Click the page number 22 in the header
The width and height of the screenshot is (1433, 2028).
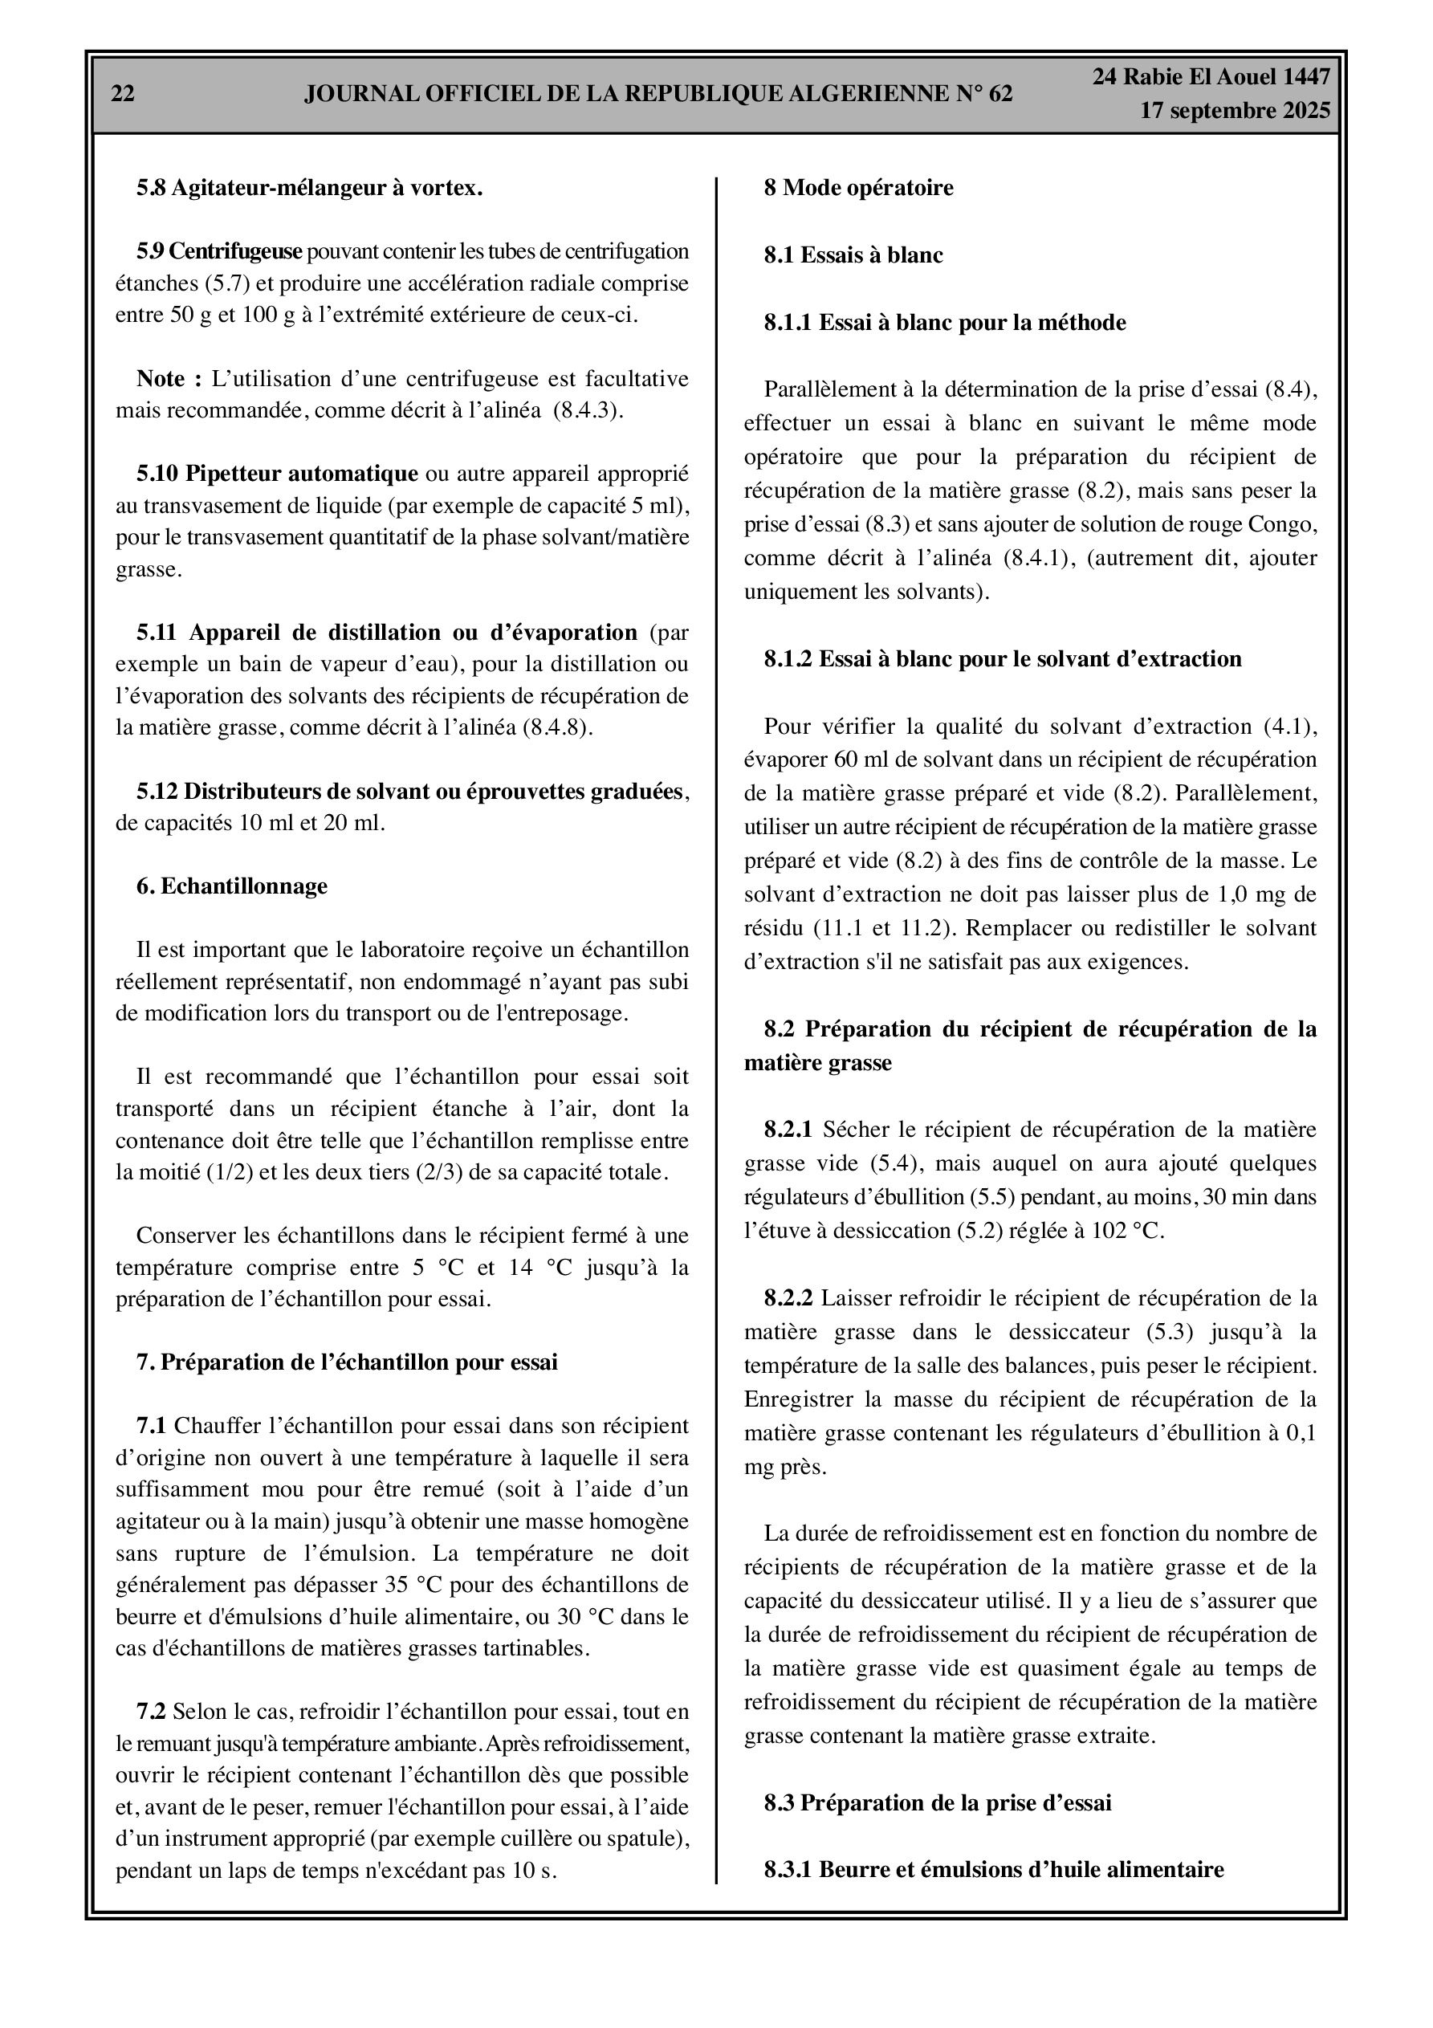coord(123,94)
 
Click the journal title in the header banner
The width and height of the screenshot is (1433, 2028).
coord(658,94)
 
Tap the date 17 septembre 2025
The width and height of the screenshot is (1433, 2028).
coord(1234,111)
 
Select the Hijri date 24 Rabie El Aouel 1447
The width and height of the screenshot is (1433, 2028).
coord(1211,77)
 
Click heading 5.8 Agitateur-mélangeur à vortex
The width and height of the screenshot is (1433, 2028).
coord(309,187)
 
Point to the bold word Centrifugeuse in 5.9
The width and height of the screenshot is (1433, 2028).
coord(235,252)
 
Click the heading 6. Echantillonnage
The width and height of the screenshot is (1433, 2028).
coord(231,886)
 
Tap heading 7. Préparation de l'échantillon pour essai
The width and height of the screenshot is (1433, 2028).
coord(346,1362)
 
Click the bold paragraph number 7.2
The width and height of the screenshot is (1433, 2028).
coord(150,1712)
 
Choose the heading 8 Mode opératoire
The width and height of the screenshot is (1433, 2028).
coord(858,187)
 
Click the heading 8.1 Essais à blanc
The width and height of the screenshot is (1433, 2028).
coord(853,255)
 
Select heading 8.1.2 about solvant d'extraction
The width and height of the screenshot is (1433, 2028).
coord(1003,659)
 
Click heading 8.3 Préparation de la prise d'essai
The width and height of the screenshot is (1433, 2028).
coord(938,1802)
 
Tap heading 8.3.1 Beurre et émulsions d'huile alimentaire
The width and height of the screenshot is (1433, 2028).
coord(994,1870)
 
